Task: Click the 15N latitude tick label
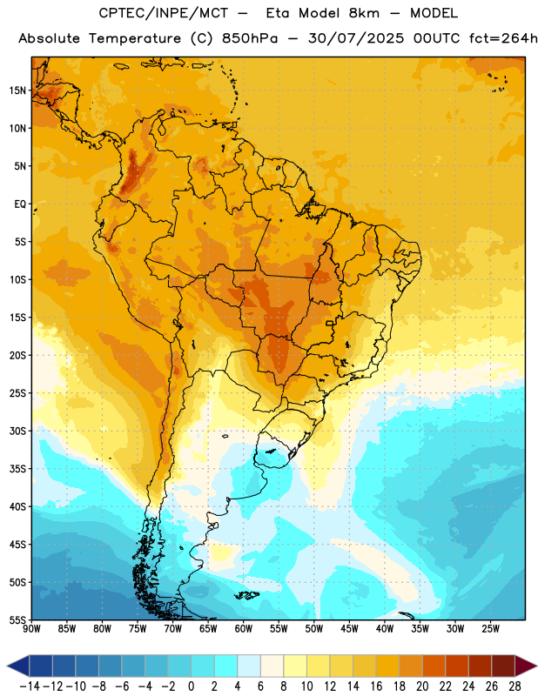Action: (x=17, y=90)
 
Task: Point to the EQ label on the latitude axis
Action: (x=20, y=204)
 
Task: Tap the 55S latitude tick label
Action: (x=18, y=619)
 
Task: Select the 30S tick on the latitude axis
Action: (x=18, y=431)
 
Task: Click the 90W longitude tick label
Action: (x=31, y=629)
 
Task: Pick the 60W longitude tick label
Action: (x=244, y=629)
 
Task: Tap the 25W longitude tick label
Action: (x=490, y=629)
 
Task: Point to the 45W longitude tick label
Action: (x=349, y=629)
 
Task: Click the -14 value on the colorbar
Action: (x=30, y=686)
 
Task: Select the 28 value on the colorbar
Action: (x=514, y=686)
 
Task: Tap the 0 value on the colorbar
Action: (x=191, y=686)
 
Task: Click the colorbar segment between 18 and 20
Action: (x=411, y=666)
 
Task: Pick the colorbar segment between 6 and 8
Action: (x=272, y=666)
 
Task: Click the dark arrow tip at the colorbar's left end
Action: (x=8, y=666)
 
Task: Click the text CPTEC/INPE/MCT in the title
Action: (x=164, y=13)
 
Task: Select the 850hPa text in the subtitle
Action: (x=250, y=38)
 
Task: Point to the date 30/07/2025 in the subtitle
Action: (x=356, y=38)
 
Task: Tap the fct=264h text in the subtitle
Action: (x=503, y=38)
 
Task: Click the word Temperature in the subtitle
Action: (x=135, y=38)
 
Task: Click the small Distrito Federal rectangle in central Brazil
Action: (x=330, y=323)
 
